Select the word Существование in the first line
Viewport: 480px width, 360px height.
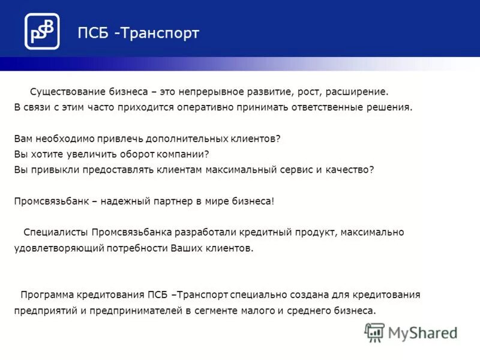[62, 92]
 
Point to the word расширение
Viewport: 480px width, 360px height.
[360, 92]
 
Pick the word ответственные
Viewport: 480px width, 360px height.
[311, 108]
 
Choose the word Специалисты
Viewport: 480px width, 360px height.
[56, 232]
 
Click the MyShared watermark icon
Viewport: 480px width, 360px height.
[374, 332]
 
